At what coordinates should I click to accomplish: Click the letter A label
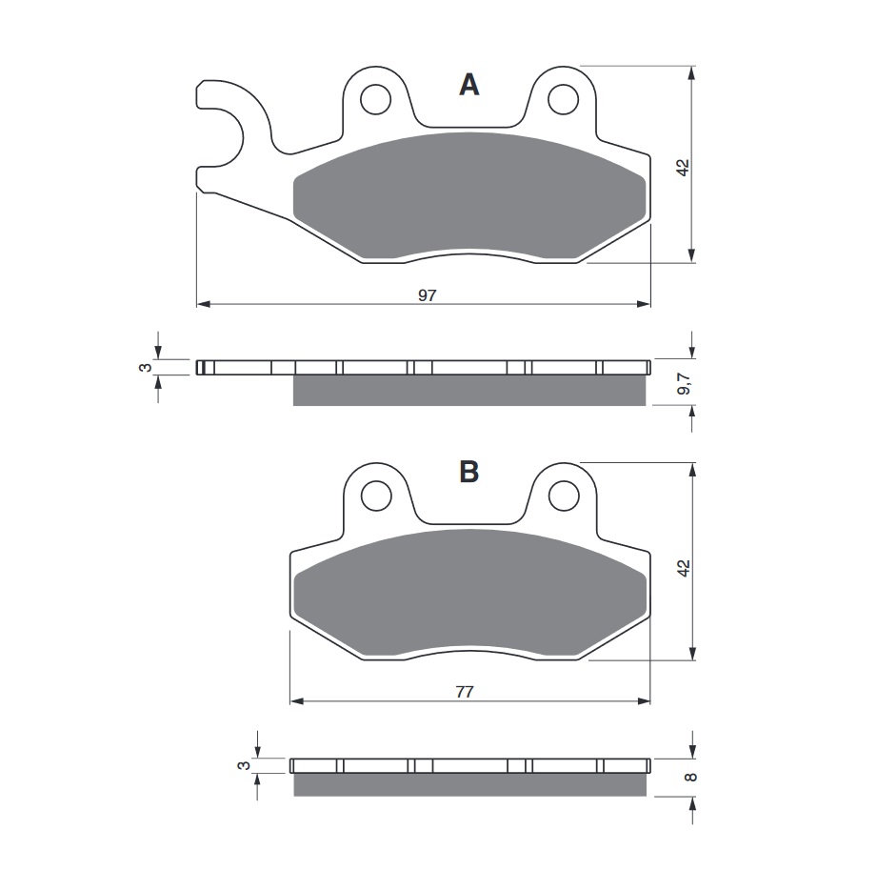468,85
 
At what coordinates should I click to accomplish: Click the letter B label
468,472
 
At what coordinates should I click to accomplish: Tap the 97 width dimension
427,295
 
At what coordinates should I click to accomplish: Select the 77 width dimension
465,692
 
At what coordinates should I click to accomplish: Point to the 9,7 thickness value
684,384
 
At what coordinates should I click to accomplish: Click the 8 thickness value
691,777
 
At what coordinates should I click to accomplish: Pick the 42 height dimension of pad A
684,168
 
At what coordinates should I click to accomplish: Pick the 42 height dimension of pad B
684,568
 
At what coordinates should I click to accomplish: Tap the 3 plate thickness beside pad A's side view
146,367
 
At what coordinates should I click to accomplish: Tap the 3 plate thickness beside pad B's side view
244,765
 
